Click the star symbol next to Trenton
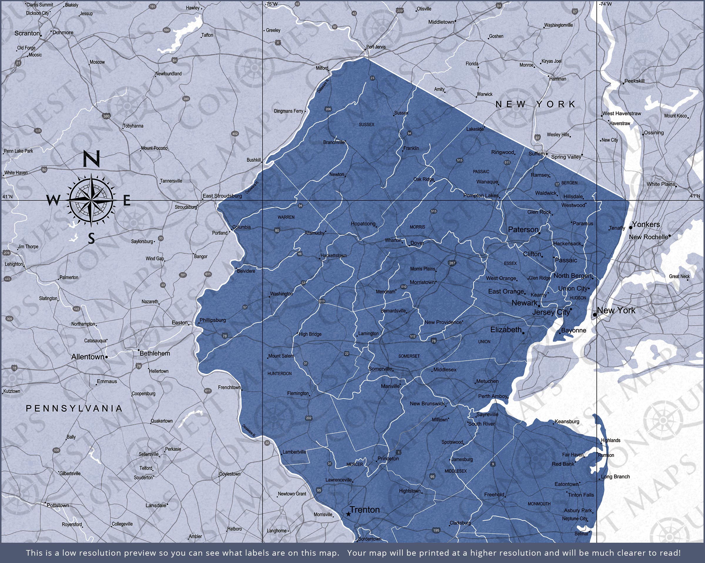tap(348, 514)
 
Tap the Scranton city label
tap(27, 34)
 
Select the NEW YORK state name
tap(535, 104)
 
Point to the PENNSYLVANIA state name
tap(74, 408)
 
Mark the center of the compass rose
tap(91, 200)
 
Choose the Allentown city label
tap(88, 357)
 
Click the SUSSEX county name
tap(366, 125)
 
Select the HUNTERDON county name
tap(279, 373)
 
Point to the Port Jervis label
tap(376, 47)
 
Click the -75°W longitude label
tap(271, 4)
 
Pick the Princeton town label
tap(388, 459)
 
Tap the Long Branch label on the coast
tap(615, 477)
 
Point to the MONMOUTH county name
tap(539, 504)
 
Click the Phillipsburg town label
tap(213, 320)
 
